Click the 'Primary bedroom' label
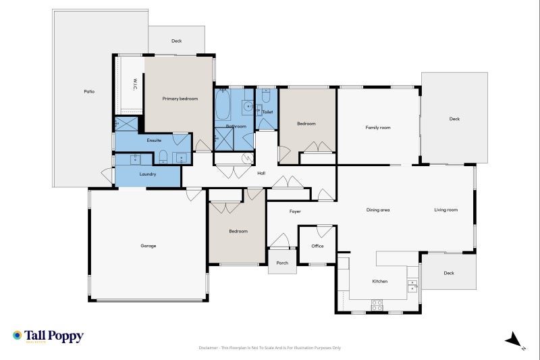(180, 99)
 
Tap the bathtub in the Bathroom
(223, 105)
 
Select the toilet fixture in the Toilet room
(266, 97)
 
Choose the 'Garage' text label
(148, 246)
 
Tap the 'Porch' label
(282, 263)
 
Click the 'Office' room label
(317, 246)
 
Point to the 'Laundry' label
(148, 174)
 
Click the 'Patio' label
(88, 91)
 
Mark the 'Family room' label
(378, 128)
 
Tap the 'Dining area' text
(378, 210)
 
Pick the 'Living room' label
(446, 210)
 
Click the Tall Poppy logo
(47, 336)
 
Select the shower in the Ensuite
(126, 124)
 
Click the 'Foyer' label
(295, 211)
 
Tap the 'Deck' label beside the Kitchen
(449, 273)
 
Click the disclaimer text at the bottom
(270, 348)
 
